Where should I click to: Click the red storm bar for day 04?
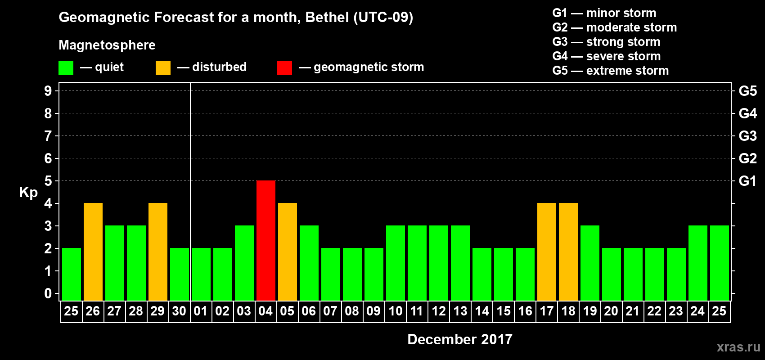pos(266,240)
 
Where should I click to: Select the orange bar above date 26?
pos(93,252)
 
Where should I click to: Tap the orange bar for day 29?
pos(158,252)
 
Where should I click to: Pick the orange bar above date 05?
pos(288,252)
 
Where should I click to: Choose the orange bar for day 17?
pos(547,252)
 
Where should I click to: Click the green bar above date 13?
pos(460,263)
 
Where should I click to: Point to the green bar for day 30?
pos(180,274)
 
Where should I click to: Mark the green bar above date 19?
pos(590,263)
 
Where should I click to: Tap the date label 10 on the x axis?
pos(396,311)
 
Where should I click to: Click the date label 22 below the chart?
pos(654,311)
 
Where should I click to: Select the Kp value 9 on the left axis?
pos(48,91)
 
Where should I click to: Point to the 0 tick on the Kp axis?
pos(48,293)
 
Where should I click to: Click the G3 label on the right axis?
pos(747,136)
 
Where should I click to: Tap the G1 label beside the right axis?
pos(747,181)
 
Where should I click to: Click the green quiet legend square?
pos(66,68)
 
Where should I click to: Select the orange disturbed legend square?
pos(163,68)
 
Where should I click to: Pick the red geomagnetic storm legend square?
pos(284,68)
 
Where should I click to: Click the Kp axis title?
pos(28,193)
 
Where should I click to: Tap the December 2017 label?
pos(459,339)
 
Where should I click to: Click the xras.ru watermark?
pos(738,347)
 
